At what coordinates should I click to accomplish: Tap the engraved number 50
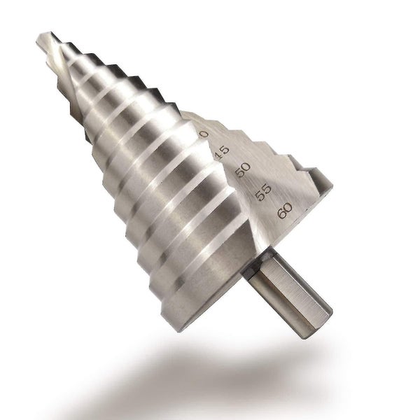(243, 171)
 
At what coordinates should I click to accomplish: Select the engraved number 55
(262, 191)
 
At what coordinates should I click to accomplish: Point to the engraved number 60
(284, 210)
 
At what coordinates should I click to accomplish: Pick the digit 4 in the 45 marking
(220, 155)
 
